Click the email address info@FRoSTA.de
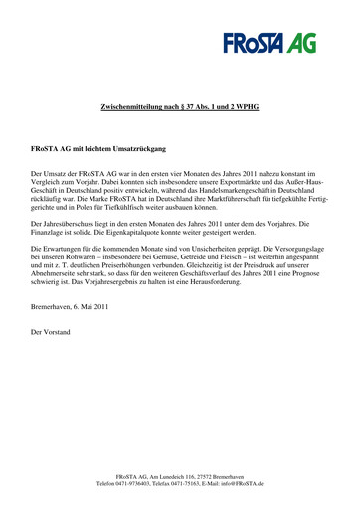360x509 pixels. (230, 483)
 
